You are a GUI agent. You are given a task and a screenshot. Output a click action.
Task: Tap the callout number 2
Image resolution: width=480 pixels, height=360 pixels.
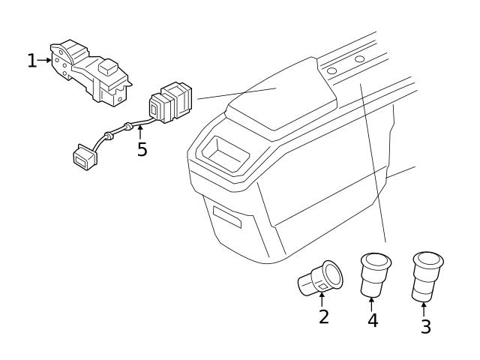[x=323, y=316]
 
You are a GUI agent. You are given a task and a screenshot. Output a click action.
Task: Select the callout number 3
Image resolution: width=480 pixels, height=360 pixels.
[x=425, y=326]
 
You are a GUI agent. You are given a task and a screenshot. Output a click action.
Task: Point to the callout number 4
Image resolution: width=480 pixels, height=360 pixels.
[x=373, y=320]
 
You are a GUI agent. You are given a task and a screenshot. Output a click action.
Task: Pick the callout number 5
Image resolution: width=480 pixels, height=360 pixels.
[x=142, y=149]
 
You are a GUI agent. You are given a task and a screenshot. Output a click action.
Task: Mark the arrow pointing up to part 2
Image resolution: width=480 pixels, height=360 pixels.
[x=322, y=300]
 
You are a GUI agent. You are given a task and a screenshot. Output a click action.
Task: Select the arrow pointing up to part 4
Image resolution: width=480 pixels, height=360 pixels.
[x=373, y=303]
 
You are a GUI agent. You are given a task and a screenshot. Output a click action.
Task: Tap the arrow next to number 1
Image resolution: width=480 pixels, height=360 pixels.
[x=45, y=60]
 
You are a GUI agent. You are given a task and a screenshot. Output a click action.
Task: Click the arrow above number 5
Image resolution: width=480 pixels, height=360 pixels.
[x=139, y=133]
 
